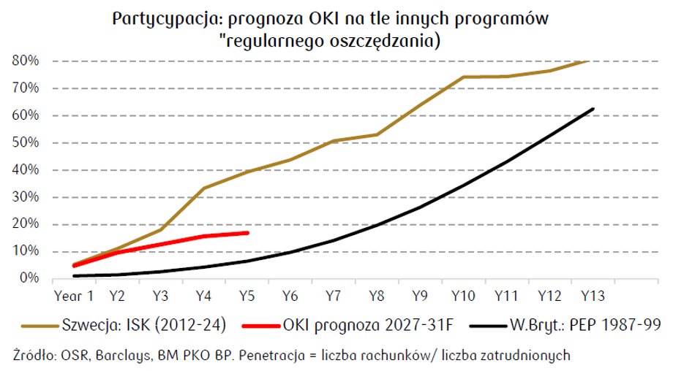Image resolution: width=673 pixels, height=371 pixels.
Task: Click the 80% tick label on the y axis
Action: tap(26, 61)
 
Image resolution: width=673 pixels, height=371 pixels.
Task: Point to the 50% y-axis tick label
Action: tap(26, 142)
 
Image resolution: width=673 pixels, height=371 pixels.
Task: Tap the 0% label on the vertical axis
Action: tap(29, 278)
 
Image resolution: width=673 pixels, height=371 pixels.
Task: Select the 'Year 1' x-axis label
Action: tap(74, 296)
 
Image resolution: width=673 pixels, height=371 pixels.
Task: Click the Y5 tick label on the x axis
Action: tap(247, 296)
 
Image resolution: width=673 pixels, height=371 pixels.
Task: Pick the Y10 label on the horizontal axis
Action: tap(463, 296)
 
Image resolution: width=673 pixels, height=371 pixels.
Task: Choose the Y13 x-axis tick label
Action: tap(593, 296)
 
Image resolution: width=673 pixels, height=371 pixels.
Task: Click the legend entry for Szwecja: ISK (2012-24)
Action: tap(124, 325)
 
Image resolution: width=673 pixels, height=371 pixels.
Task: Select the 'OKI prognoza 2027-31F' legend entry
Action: tap(347, 325)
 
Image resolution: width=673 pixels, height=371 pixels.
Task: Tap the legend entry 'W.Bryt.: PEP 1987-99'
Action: tap(565, 325)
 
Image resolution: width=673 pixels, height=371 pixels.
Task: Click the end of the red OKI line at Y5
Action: tap(248, 233)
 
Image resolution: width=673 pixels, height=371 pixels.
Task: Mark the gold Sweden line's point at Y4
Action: tap(203, 188)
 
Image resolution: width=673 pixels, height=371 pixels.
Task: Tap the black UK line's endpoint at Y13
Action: tap(593, 109)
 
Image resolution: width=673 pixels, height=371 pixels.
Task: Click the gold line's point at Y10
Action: tap(464, 77)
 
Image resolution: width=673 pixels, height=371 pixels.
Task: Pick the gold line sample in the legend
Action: tap(40, 326)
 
